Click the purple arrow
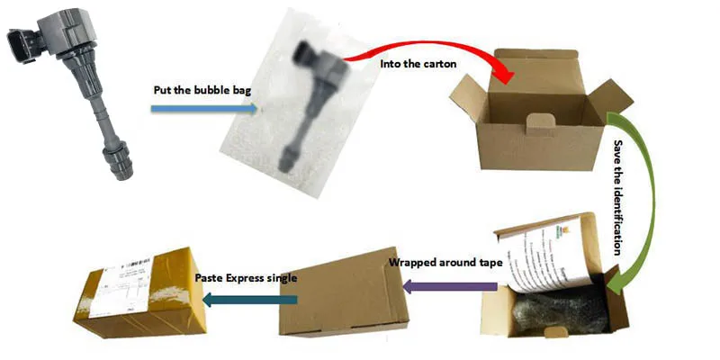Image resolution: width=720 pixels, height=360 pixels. click(449, 287)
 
